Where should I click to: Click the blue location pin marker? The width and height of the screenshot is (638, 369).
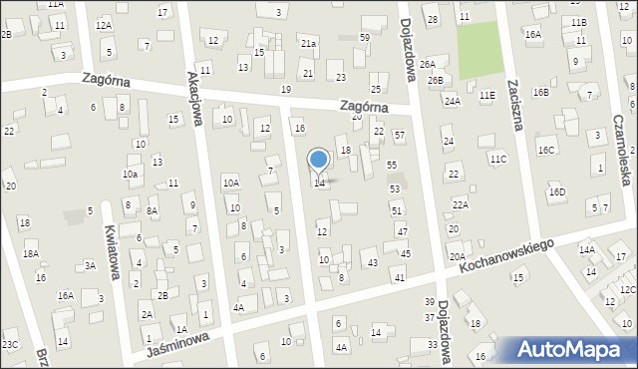[x=319, y=160]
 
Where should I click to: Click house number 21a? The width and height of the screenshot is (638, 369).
[x=309, y=44]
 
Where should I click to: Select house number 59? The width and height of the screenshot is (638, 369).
[x=365, y=37]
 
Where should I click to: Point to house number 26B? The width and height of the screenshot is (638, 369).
[x=436, y=80]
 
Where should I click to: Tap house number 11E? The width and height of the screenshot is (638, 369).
[x=486, y=95]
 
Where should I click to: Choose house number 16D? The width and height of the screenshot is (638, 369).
[x=556, y=191]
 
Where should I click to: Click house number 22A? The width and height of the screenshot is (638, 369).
[x=460, y=204]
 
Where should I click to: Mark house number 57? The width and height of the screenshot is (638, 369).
[x=399, y=134]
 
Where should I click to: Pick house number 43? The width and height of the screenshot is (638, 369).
[x=372, y=262]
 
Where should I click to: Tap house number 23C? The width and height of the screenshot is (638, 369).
[x=10, y=345]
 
